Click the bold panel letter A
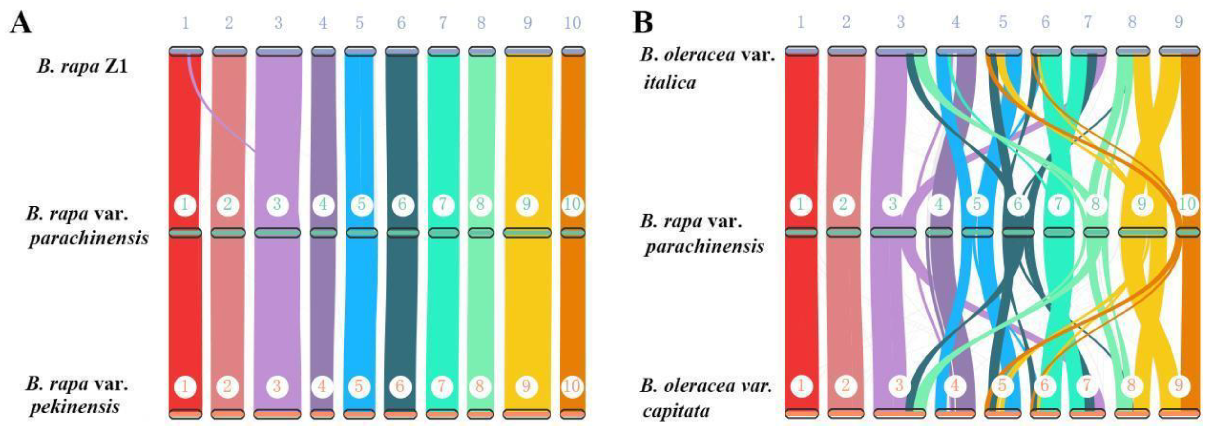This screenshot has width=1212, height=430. click(x=21, y=22)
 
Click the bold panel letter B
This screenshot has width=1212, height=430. click(x=643, y=22)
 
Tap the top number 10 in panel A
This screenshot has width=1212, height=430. click(x=572, y=22)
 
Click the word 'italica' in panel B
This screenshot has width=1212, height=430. click(x=670, y=83)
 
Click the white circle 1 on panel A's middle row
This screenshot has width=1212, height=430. click(x=185, y=205)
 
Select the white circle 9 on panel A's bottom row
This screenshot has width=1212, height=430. click(x=526, y=386)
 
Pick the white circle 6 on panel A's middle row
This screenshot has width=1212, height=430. click(x=402, y=205)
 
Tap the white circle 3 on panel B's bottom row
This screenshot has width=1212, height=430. click(x=899, y=386)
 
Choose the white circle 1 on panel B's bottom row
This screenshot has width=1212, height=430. click(x=801, y=386)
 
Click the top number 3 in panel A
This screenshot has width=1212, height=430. click(x=278, y=22)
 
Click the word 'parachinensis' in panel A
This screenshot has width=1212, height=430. click(x=88, y=238)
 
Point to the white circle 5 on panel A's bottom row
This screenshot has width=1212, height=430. click(x=359, y=386)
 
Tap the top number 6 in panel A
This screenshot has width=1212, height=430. click(x=401, y=22)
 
